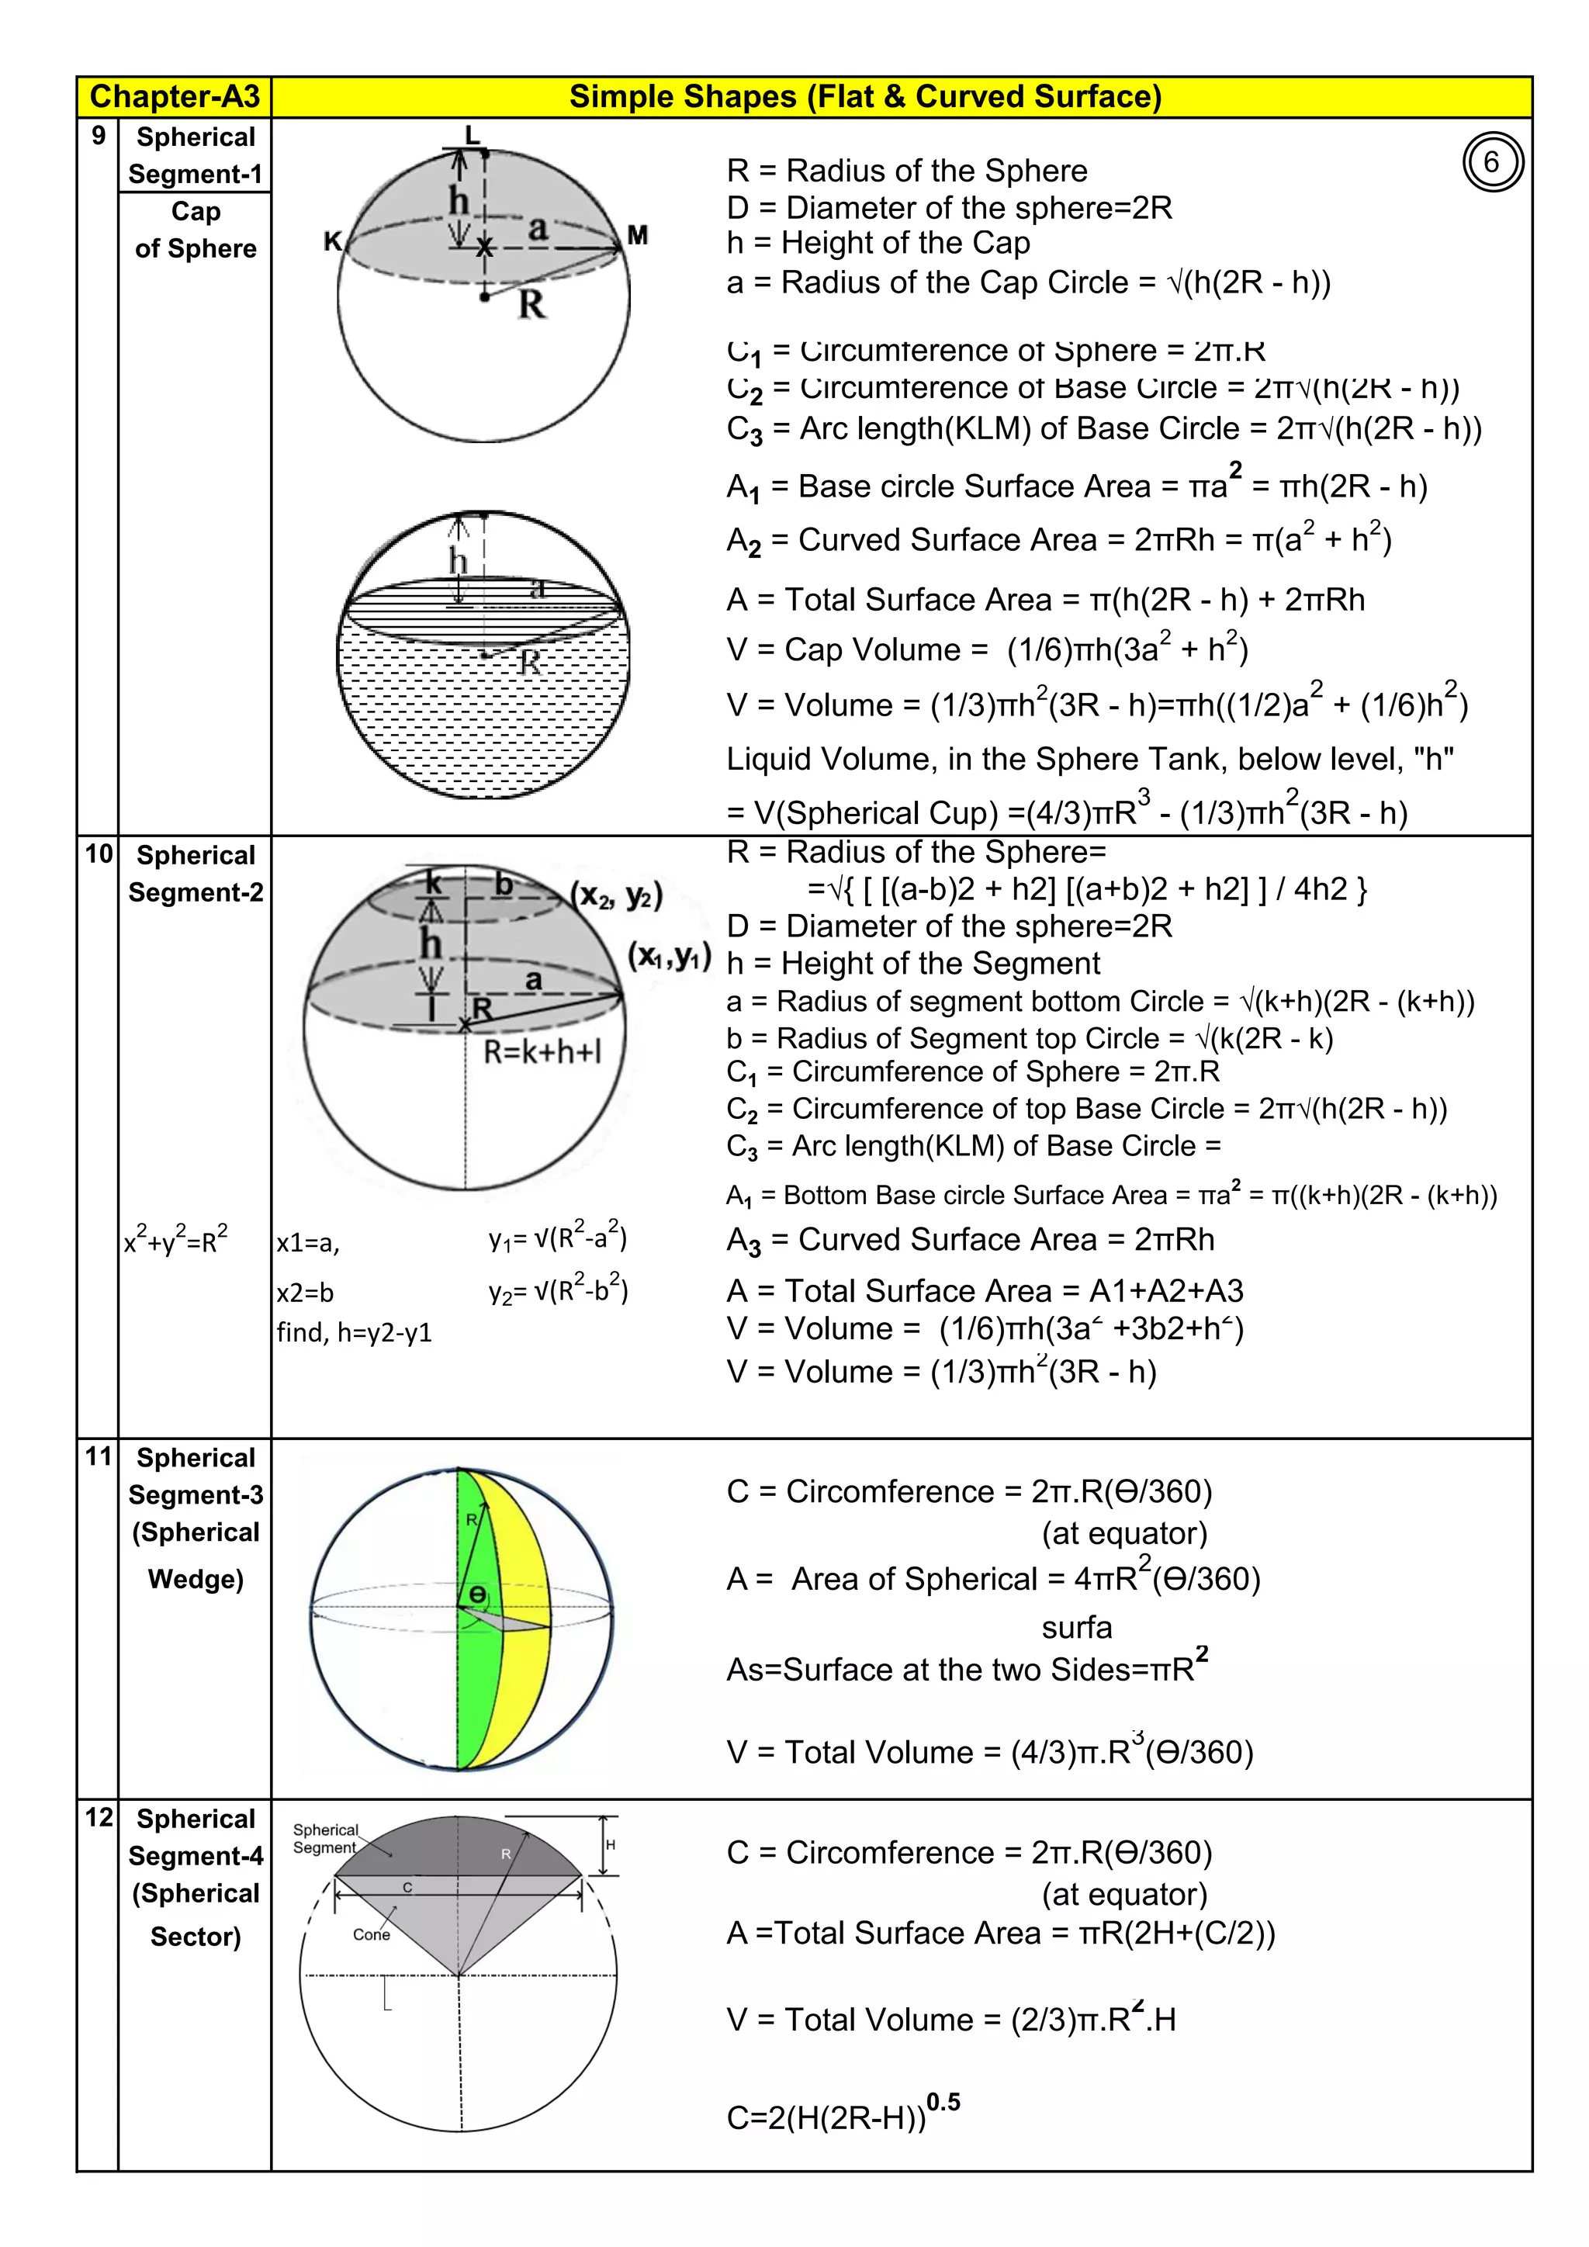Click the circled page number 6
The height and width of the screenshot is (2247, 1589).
click(x=1491, y=162)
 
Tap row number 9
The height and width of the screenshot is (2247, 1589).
click(x=98, y=136)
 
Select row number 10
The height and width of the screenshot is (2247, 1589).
click(x=99, y=853)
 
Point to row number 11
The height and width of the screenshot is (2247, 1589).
click(x=99, y=1456)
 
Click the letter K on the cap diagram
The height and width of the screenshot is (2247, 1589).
click(x=333, y=241)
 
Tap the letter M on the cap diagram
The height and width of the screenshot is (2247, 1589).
click(x=638, y=235)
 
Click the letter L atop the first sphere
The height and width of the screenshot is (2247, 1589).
click(x=473, y=135)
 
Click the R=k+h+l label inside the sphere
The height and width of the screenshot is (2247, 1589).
click(x=542, y=1052)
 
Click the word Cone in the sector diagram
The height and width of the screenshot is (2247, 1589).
click(x=371, y=1935)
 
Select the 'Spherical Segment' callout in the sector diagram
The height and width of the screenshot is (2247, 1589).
click(x=325, y=1839)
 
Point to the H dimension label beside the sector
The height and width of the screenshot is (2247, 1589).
click(x=611, y=1845)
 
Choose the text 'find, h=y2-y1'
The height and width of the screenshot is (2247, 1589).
click(x=355, y=1332)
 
